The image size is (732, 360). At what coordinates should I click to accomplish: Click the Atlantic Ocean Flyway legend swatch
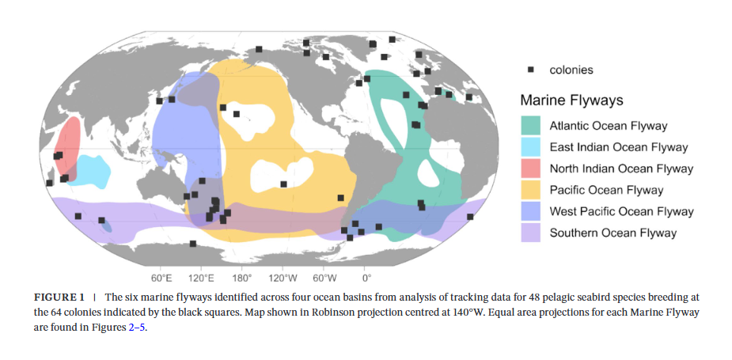pyautogui.click(x=530, y=126)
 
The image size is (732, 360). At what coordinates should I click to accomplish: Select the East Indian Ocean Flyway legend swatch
pyautogui.click(x=530, y=147)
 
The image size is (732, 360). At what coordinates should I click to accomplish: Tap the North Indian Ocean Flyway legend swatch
pyautogui.click(x=530, y=169)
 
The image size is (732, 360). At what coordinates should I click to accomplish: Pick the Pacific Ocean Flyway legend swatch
pyautogui.click(x=530, y=190)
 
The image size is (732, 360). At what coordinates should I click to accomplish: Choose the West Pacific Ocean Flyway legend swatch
pyautogui.click(x=530, y=211)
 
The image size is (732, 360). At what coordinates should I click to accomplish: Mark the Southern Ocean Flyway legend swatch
pyautogui.click(x=530, y=233)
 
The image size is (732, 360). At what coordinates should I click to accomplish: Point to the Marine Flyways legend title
pyautogui.click(x=571, y=100)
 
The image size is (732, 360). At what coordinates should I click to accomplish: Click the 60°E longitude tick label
pyautogui.click(x=161, y=279)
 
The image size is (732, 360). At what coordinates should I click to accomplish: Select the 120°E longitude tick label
pyautogui.click(x=201, y=279)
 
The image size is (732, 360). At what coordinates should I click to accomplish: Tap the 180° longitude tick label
pyautogui.click(x=241, y=279)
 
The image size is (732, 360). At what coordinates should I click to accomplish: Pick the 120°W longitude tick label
pyautogui.click(x=283, y=279)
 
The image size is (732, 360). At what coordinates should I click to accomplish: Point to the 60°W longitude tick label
pyautogui.click(x=324, y=279)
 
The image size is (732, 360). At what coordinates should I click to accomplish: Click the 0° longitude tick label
pyautogui.click(x=366, y=279)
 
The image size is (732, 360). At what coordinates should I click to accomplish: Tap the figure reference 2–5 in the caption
pyautogui.click(x=135, y=328)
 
